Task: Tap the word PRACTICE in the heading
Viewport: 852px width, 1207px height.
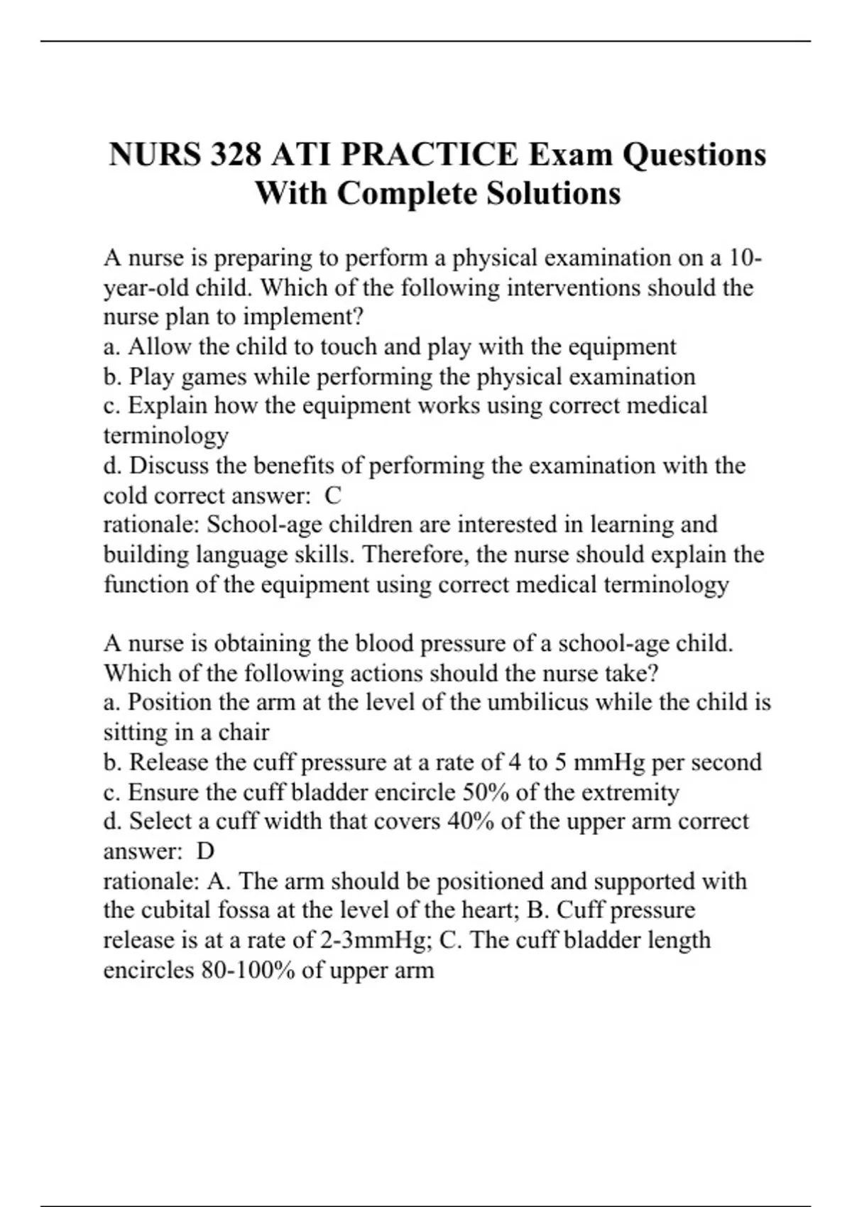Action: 430,155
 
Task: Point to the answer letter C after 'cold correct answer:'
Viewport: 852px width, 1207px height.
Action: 333,495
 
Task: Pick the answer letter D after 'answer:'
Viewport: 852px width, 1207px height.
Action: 205,851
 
